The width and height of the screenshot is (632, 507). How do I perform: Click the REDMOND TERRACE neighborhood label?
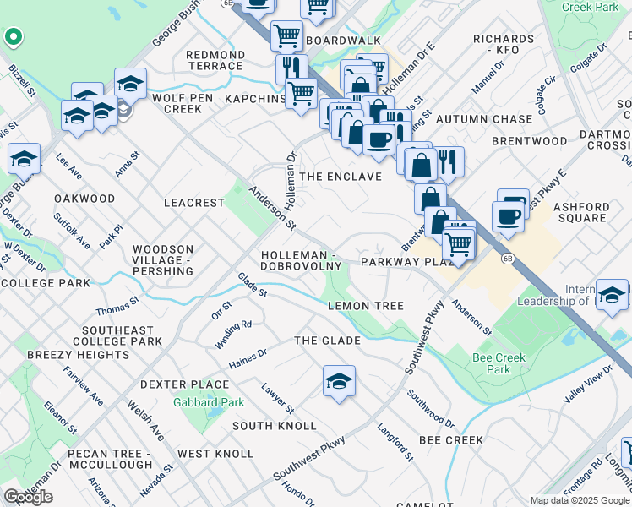point(215,60)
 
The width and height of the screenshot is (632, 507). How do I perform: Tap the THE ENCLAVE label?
point(341,177)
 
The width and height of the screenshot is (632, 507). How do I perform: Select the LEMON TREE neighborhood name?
point(365,305)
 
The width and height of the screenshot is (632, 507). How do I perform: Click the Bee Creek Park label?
point(499,363)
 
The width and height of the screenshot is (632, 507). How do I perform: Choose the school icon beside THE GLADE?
point(339,381)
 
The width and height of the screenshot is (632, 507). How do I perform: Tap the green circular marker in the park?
point(13,37)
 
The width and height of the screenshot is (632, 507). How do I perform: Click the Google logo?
point(28,497)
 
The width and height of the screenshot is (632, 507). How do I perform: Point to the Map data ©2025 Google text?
point(579,500)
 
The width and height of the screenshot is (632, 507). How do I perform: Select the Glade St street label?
point(252,285)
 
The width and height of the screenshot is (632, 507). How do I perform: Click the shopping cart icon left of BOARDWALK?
point(286,36)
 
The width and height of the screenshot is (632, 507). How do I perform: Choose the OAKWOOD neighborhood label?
point(84,199)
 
